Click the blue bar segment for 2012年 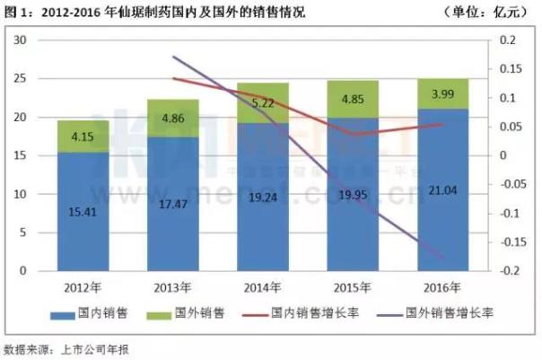coord(83,211)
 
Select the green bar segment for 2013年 coord(172,118)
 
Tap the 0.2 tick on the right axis coord(509,40)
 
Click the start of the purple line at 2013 coord(172,57)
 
